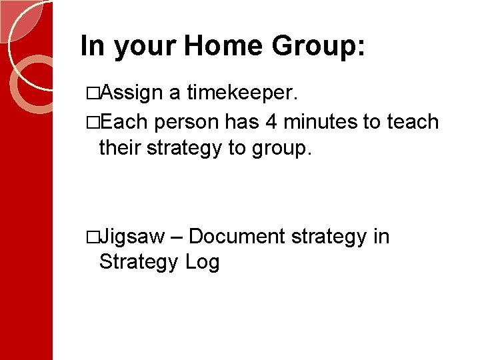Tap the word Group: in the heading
click(318, 46)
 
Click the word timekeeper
click(240, 93)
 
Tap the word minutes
click(317, 122)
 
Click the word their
click(119, 147)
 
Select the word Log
click(203, 262)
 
